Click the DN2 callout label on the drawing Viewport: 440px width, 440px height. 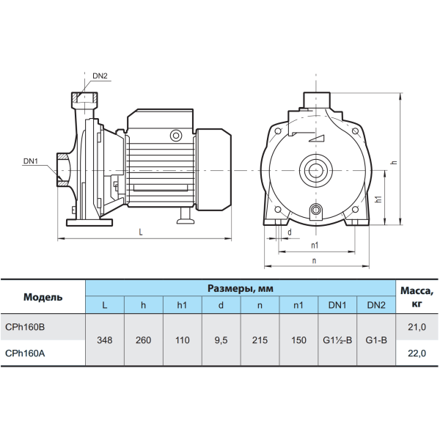100,76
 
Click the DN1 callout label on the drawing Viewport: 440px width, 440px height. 31,161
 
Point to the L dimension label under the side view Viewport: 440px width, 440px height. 141,232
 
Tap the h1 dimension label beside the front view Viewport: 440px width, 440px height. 379,199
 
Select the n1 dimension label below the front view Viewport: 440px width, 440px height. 315,245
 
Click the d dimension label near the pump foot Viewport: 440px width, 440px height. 290,232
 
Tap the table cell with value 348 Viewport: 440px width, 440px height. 105,340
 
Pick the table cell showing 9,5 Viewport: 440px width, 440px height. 221,340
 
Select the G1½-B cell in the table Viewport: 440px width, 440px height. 337,340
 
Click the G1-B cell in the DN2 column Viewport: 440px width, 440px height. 376,340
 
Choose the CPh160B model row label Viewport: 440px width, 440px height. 25,327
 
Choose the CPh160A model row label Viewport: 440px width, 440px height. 25,353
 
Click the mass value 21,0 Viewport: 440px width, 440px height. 417,327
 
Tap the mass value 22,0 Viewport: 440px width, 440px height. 417,353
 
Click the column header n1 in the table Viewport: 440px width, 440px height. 298,305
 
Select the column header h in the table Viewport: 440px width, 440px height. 144,305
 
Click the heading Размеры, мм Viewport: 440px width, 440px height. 241,288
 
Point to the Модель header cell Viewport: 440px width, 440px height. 43,297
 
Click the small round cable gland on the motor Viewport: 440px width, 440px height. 176,136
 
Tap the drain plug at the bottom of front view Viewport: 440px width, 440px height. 316,210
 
